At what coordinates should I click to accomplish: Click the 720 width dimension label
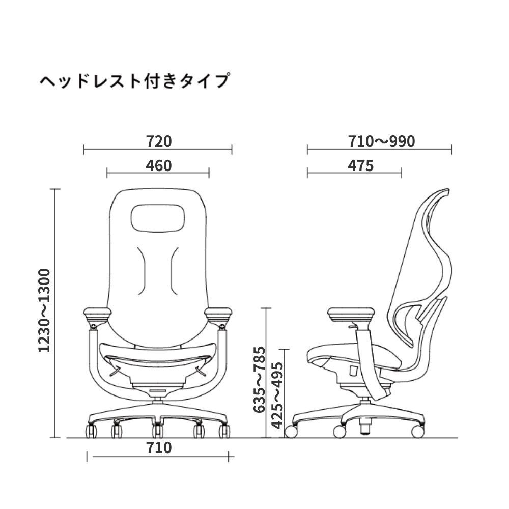pos(158,142)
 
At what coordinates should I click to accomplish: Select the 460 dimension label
pos(158,165)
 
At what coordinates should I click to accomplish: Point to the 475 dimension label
pos(361,165)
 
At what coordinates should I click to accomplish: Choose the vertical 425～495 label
pos(277,395)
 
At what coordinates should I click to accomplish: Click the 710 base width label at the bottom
pos(159,448)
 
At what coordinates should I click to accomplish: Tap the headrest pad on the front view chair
pos(158,218)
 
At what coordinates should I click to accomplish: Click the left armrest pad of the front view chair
pos(95,313)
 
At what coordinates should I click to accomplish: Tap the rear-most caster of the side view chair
pos(416,431)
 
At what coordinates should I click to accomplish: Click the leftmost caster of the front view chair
pos(92,432)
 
